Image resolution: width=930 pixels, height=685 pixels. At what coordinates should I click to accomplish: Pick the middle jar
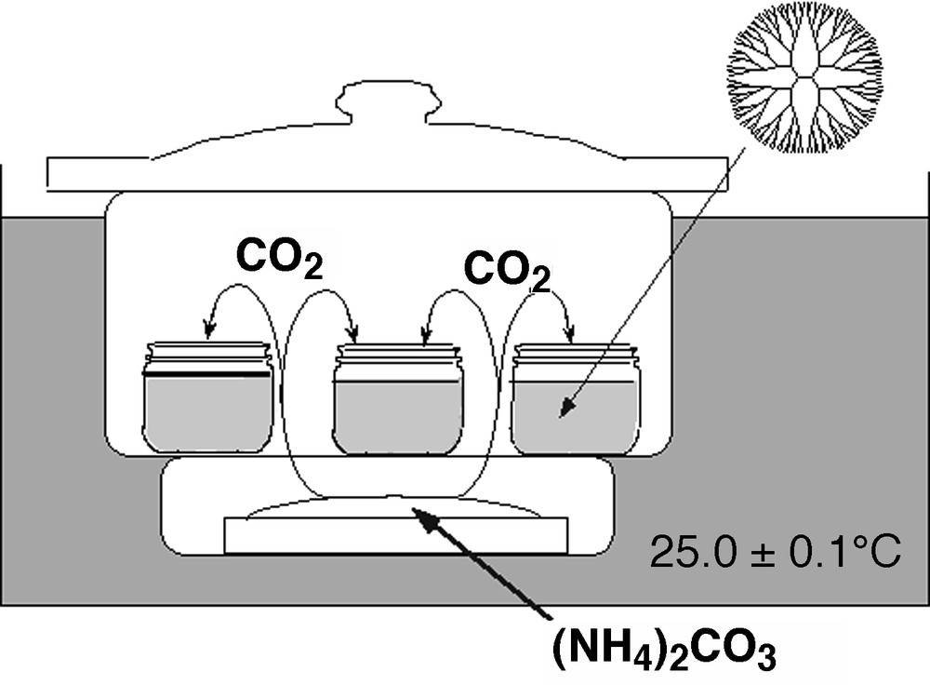click(x=398, y=399)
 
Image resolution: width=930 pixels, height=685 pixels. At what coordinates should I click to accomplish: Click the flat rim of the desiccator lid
click(x=386, y=175)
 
